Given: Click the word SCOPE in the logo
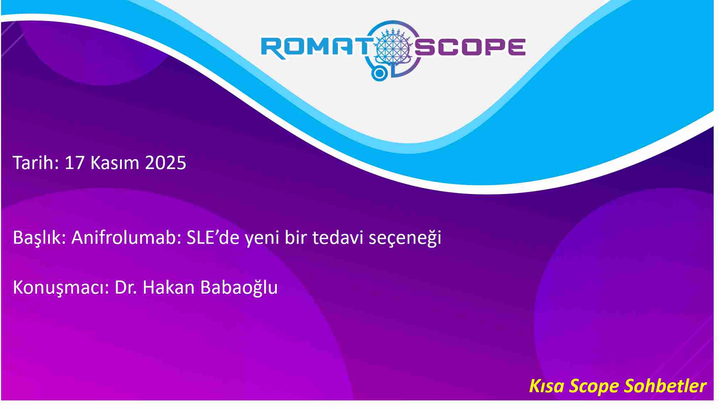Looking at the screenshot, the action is tap(470, 47).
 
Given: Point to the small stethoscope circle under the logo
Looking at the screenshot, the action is tap(380, 73).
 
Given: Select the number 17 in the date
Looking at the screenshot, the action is tap(74, 163).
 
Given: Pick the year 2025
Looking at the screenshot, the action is tap(166, 163).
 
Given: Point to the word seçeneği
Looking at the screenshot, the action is tap(405, 238).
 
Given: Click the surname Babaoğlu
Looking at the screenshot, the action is tap(239, 288).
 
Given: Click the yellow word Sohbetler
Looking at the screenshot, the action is tap(665, 386).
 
